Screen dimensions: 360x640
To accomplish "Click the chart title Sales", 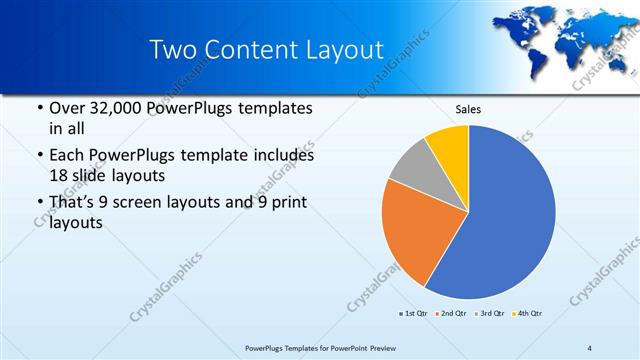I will tap(468, 109).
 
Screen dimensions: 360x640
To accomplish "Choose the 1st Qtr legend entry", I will tap(415, 314).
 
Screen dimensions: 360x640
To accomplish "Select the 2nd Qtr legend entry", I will tap(451, 314).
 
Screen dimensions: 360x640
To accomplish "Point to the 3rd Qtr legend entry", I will tap(490, 314).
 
